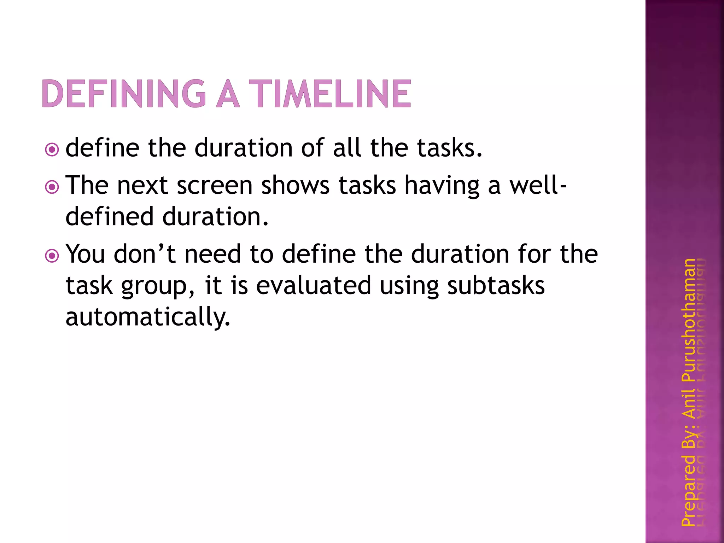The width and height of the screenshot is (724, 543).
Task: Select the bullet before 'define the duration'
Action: point(52,150)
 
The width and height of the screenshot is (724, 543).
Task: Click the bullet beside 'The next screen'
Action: point(52,187)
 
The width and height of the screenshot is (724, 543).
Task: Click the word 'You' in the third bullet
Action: point(86,254)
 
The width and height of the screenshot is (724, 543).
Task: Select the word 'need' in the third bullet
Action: point(213,254)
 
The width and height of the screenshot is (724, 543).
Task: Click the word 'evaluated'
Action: point(313,285)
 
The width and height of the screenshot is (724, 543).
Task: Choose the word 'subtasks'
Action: point(496,285)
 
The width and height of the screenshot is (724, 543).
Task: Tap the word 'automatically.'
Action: point(148,317)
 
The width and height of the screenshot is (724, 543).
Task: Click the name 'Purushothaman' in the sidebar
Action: point(688,320)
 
